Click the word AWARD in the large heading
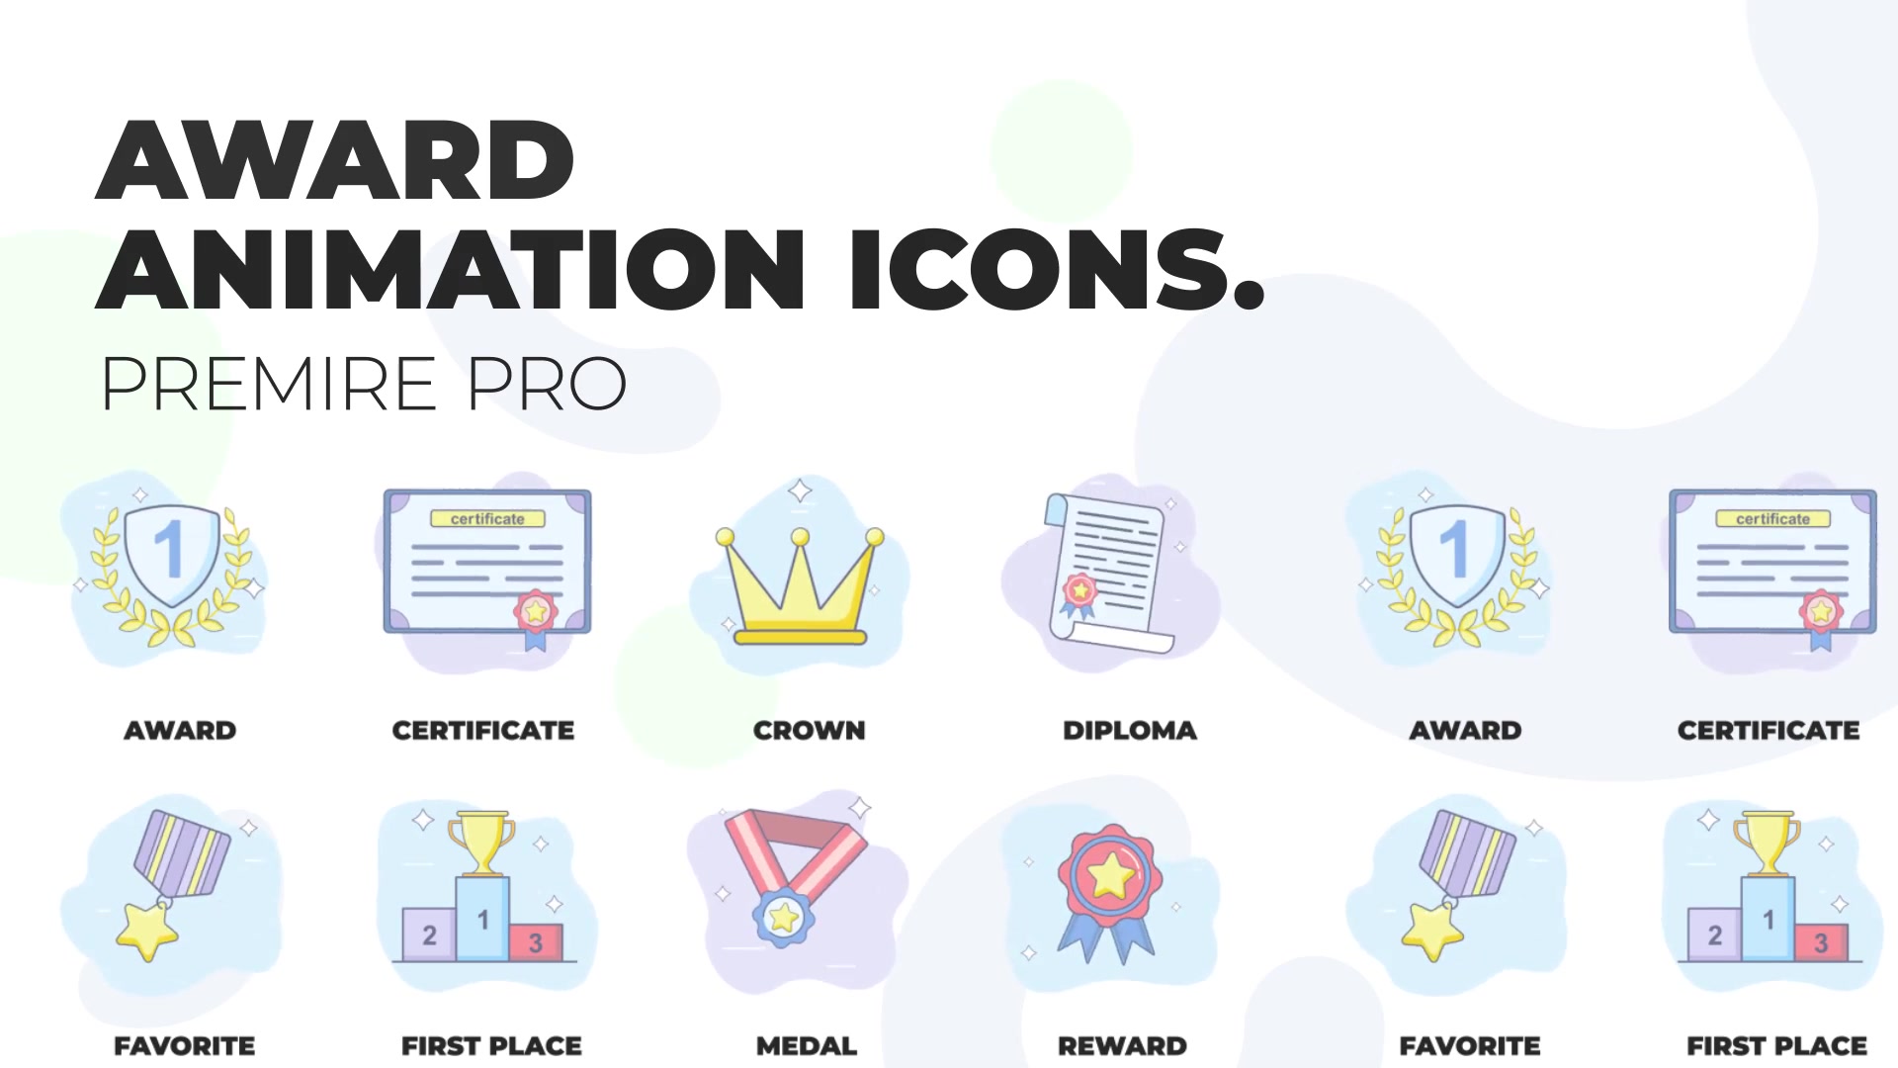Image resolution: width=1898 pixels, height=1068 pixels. point(335,160)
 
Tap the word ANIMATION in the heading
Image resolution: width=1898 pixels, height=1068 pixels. point(451,270)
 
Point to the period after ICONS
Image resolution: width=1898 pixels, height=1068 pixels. point(1250,296)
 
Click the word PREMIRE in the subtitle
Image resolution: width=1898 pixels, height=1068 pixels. point(269,384)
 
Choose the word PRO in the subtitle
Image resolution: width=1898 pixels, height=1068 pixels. point(547,384)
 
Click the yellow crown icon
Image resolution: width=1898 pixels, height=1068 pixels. point(800,586)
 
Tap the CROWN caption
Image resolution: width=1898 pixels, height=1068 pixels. point(809,731)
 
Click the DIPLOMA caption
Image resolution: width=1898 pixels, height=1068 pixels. point(1129,731)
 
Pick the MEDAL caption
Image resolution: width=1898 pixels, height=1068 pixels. point(807,1046)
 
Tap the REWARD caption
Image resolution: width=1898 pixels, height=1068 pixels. point(1122,1046)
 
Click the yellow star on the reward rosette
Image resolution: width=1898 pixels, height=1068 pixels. point(1110,875)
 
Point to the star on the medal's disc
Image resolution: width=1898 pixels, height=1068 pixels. point(784,918)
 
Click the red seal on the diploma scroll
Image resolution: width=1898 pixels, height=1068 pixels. point(1079,591)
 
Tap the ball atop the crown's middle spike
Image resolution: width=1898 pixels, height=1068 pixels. point(800,537)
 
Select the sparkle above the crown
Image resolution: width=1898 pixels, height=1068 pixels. point(800,490)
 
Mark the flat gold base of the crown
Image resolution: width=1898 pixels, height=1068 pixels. point(800,638)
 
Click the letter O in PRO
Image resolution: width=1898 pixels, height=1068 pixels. point(596,384)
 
